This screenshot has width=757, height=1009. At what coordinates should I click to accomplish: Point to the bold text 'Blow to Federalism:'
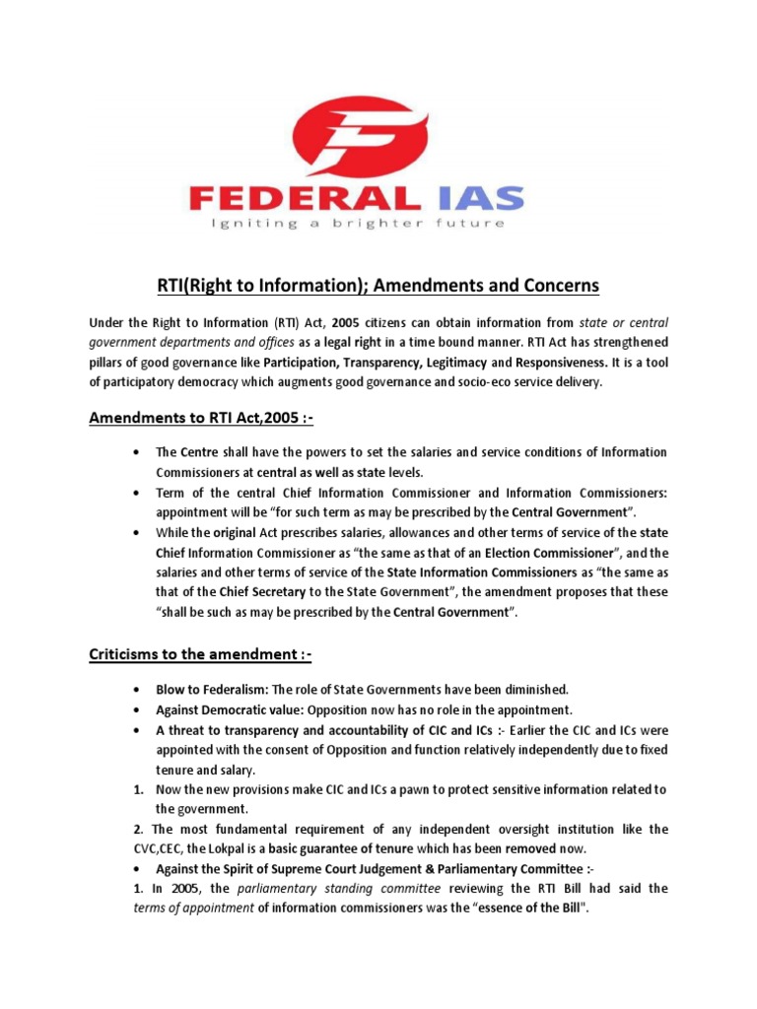coord(211,691)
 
